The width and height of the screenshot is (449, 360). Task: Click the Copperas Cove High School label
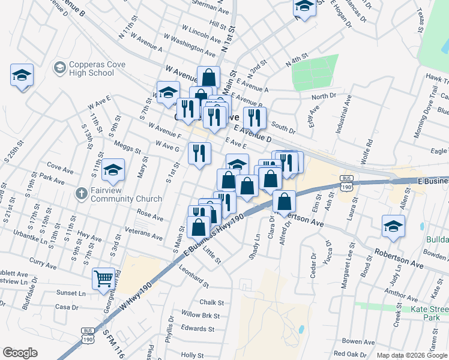pyautogui.click(x=92, y=68)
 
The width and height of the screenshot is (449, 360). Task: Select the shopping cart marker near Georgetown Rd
pyautogui.click(x=103, y=278)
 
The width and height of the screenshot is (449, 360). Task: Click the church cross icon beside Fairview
pyautogui.click(x=81, y=194)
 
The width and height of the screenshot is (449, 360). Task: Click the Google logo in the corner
pyautogui.click(x=20, y=353)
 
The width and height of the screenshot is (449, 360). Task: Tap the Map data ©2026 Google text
pyautogui.click(x=411, y=355)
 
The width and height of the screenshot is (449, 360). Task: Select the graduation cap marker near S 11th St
pyautogui.click(x=113, y=170)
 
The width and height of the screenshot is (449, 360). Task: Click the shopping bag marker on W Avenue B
pyautogui.click(x=208, y=77)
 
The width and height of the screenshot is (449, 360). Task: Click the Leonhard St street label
pyautogui.click(x=194, y=276)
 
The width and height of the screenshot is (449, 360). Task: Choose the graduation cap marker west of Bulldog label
pyautogui.click(x=393, y=227)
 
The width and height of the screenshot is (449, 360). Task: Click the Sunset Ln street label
pyautogui.click(x=71, y=293)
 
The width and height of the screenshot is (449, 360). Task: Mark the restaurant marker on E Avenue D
pyautogui.click(x=255, y=118)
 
